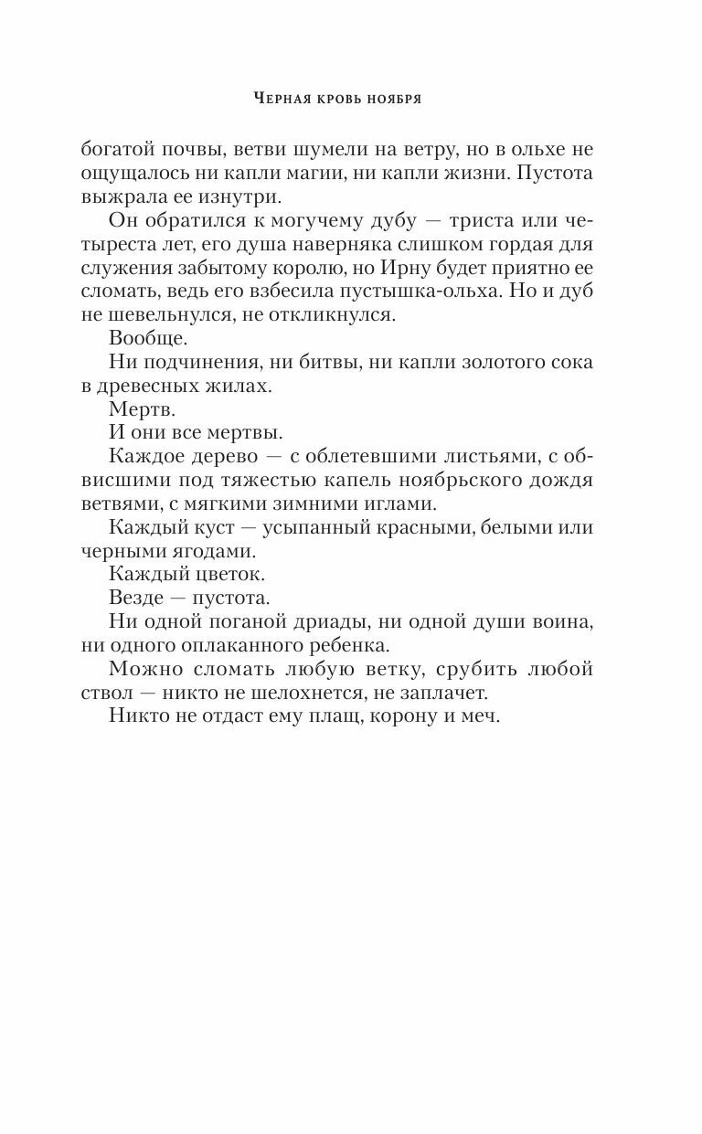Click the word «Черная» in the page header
point(280,98)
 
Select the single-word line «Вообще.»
point(147,339)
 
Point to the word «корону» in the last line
point(408,717)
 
